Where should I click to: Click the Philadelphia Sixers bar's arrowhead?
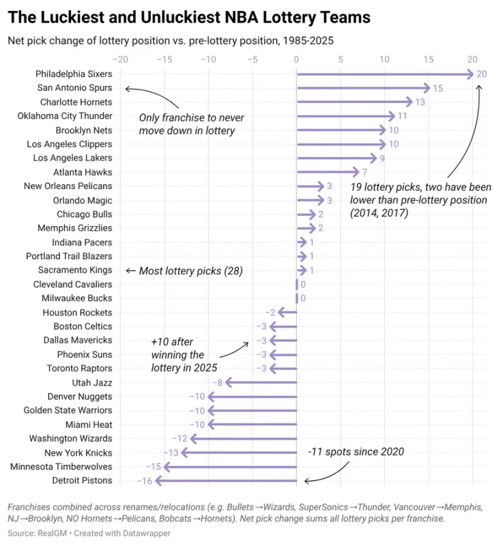point(470,74)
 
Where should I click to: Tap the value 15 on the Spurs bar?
point(437,88)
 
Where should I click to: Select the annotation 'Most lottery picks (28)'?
point(190,271)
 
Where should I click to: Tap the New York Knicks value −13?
point(171,452)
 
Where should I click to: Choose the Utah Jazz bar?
point(261,383)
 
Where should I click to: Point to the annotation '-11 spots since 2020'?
point(356,452)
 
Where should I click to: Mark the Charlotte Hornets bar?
point(354,102)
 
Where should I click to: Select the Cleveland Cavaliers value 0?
point(303,285)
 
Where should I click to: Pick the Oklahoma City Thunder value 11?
point(402,116)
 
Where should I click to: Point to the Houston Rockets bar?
point(287,313)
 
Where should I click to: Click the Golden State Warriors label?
point(68,410)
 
